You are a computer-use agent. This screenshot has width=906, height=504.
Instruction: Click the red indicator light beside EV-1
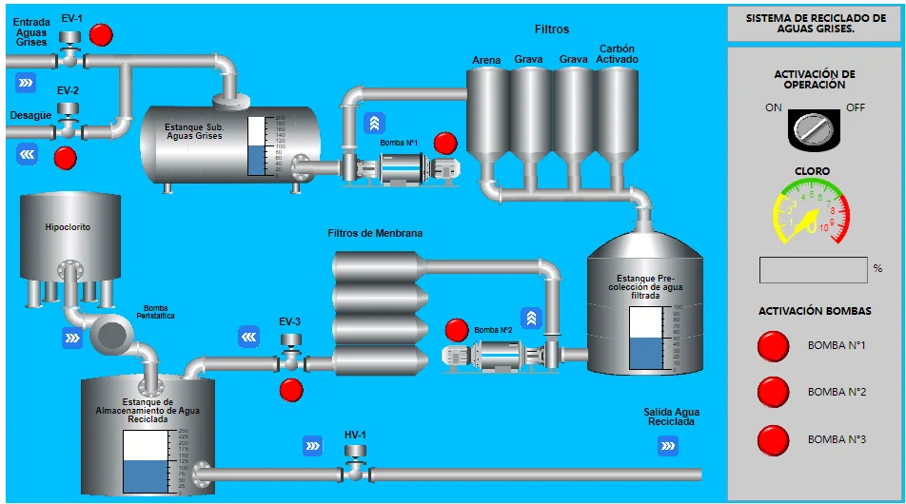point(101,35)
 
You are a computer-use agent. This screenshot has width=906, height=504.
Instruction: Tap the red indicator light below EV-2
point(66,157)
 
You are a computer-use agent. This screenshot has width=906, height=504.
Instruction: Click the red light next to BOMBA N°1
point(773,346)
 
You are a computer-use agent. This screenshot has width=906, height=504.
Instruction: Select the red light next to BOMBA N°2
point(773,392)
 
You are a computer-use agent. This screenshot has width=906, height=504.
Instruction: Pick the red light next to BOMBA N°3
point(773,439)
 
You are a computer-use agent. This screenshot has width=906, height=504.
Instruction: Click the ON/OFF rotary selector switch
point(814,127)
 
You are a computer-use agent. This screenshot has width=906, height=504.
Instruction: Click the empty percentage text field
point(813,270)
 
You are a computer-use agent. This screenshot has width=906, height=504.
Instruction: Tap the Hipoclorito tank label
point(68,227)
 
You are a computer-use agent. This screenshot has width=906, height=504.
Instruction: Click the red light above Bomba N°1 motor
point(445,144)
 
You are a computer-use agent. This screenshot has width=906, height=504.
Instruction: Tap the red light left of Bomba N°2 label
point(457,330)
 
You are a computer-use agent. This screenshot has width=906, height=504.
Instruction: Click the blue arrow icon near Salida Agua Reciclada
point(667,444)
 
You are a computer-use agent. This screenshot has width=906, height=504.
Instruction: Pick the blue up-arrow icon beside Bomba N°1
point(375,123)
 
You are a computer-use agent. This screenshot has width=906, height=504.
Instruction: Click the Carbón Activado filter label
point(617,54)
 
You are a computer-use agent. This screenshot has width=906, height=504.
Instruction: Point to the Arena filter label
point(486,61)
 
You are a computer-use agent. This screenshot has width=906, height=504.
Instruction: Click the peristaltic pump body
point(111,333)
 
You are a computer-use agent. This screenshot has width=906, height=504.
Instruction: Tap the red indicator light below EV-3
point(291,390)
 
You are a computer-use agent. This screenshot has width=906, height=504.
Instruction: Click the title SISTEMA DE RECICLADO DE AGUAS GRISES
point(815,23)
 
